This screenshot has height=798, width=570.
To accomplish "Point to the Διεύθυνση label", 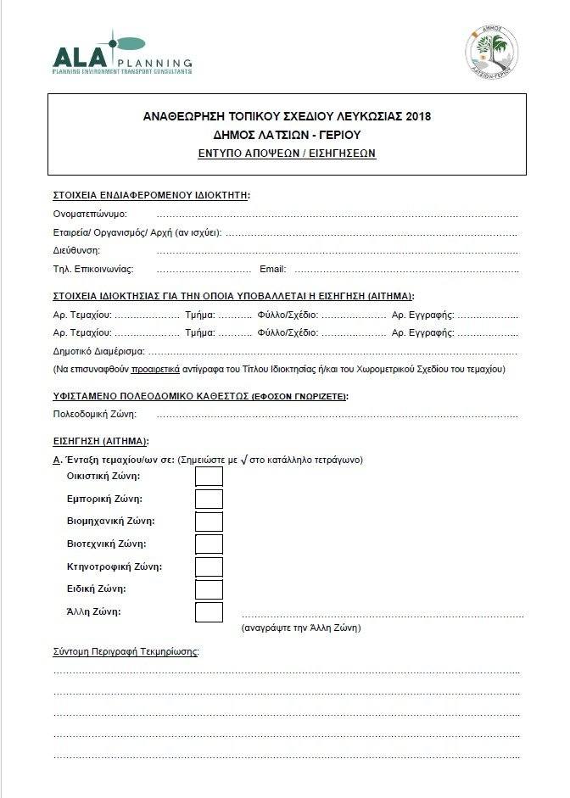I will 76,250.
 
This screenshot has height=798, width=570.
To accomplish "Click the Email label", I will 272,269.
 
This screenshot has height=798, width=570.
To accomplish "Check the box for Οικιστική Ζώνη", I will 209,476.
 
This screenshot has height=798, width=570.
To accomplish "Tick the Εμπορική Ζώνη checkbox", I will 209,499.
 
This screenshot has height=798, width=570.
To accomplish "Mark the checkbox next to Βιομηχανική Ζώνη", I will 209,522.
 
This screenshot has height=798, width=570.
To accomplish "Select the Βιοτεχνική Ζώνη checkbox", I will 209,544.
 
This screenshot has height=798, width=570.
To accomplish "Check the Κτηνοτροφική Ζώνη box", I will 209,566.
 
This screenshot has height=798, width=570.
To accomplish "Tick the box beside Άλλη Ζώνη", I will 209,611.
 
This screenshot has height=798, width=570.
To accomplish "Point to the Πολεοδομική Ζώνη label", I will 94,414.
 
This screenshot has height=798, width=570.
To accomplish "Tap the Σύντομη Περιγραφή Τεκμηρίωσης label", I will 126,651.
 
